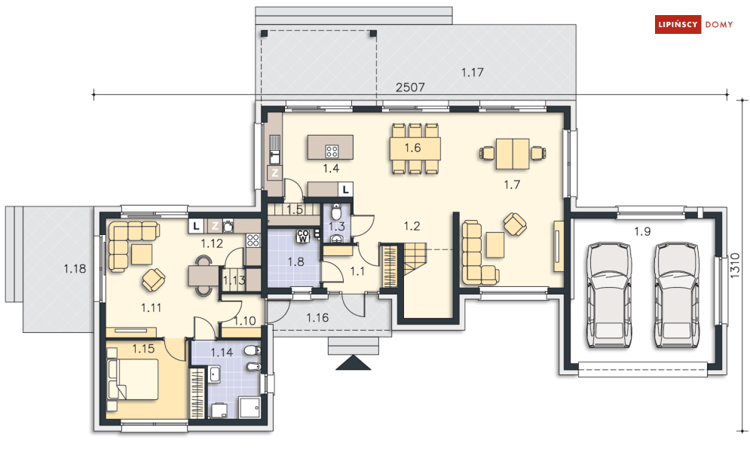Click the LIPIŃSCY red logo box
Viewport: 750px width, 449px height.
[x=678, y=24]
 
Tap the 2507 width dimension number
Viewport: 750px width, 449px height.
[x=410, y=87]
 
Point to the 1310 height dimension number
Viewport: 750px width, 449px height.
[x=736, y=265]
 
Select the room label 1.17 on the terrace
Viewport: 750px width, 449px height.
[x=472, y=72]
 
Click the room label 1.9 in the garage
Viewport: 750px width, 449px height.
[x=642, y=231]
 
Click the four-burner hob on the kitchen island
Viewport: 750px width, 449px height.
[x=332, y=151]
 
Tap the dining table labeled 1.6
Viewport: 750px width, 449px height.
[x=415, y=148]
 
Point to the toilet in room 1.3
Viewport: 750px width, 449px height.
[x=336, y=211]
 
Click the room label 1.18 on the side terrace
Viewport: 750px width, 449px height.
[x=75, y=269]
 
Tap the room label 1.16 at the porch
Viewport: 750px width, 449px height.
[x=317, y=317]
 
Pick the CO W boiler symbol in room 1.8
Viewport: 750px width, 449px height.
[x=303, y=237]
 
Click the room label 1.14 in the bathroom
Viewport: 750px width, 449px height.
[x=222, y=353]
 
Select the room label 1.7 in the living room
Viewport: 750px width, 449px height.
[x=512, y=185]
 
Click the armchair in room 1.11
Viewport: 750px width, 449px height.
[x=154, y=279]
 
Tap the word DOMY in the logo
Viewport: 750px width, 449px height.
[x=719, y=24]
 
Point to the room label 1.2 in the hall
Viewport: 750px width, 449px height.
[x=412, y=226]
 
